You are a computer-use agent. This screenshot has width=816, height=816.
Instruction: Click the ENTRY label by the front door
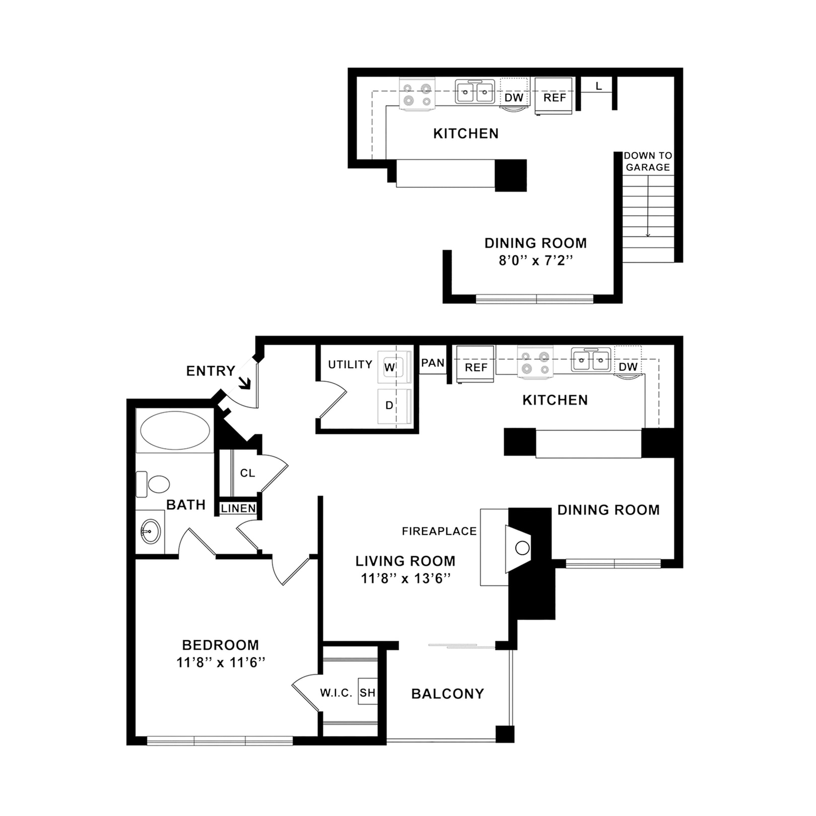(x=211, y=371)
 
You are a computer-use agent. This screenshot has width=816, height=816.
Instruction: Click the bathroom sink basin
(x=150, y=531)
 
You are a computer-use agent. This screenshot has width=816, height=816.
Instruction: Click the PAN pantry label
(x=433, y=363)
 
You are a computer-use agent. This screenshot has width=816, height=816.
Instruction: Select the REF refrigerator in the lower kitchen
(x=475, y=367)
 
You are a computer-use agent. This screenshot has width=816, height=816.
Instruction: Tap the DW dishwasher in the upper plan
(x=514, y=97)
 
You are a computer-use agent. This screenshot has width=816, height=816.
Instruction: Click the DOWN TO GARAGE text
(x=647, y=161)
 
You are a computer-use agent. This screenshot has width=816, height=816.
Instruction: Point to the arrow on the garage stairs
(x=648, y=232)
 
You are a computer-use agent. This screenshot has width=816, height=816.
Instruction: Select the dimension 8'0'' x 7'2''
(x=535, y=260)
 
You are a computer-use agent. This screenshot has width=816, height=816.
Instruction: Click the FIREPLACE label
(x=439, y=531)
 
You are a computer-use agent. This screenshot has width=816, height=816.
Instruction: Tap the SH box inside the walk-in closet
(x=367, y=693)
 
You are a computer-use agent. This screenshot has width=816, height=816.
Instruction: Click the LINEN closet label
(x=238, y=509)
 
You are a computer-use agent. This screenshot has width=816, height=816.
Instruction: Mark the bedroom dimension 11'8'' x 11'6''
(x=220, y=662)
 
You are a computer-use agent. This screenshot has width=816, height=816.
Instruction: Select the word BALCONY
(x=447, y=694)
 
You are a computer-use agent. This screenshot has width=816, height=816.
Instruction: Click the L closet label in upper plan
(x=598, y=87)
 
